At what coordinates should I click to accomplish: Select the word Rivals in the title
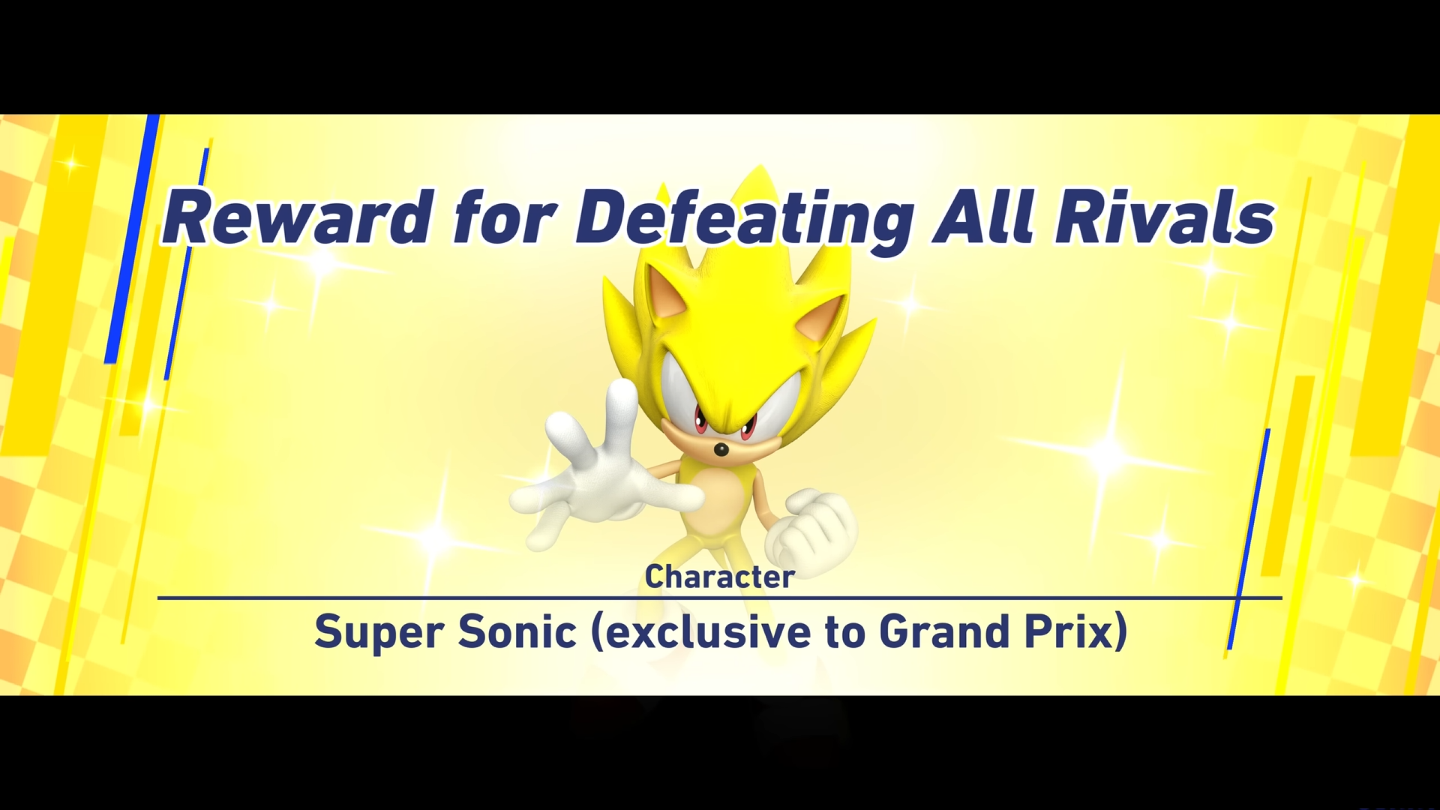1164,217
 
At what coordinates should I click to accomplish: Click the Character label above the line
720,577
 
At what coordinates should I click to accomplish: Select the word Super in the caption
379,632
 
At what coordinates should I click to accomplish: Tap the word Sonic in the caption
517,631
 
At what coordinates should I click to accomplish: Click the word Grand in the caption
944,631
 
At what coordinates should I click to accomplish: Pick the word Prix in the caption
1076,632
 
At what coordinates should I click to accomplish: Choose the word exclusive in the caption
700,632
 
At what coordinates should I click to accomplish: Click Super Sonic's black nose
721,450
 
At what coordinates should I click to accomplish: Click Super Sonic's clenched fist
814,529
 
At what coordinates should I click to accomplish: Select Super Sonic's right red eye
748,427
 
